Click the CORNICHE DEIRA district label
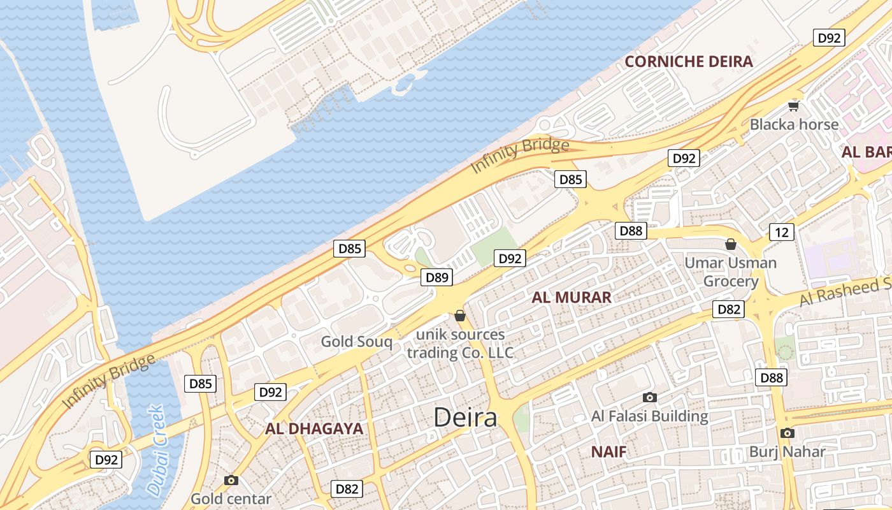tap(689, 62)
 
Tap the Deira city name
tap(465, 418)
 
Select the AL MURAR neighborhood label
tap(572, 297)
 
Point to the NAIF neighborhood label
tap(608, 452)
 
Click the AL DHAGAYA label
tap(314, 429)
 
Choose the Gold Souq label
tap(356, 342)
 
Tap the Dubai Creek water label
tap(155, 450)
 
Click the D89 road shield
tap(437, 277)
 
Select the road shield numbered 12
tap(781, 232)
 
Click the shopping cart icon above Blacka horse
tap(793, 106)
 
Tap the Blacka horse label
tap(794, 124)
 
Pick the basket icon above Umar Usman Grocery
tap(731, 244)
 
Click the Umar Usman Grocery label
tap(731, 272)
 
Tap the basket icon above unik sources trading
tap(460, 316)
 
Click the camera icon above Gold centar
tap(231, 480)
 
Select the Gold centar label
tap(231, 499)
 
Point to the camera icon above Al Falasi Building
tap(650, 398)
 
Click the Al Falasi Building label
tap(650, 416)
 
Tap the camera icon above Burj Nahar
tap(787, 433)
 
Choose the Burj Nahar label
tap(787, 452)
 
